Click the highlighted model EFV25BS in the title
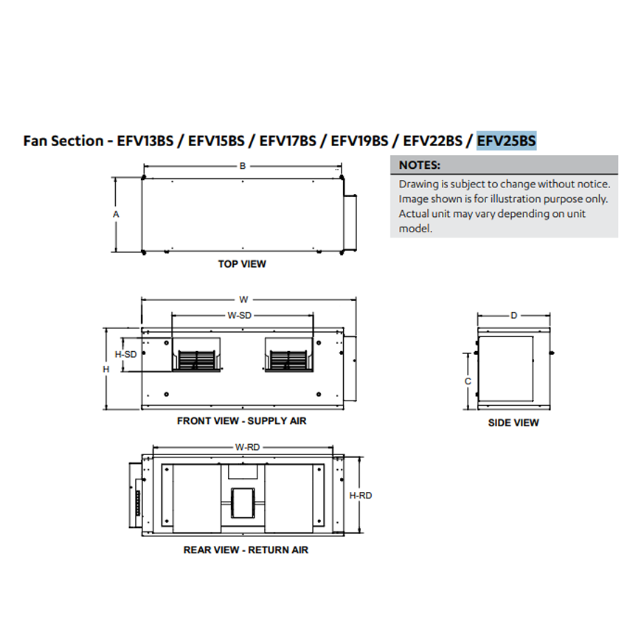coord(506,141)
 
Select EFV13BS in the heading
coord(145,141)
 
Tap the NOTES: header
coord(420,164)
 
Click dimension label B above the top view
coord(243,166)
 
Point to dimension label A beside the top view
coord(116,215)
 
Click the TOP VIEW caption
coord(242,264)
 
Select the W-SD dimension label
coord(240,316)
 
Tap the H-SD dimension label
coord(125,354)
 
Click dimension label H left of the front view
coord(106,369)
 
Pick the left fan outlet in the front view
coord(196,355)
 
